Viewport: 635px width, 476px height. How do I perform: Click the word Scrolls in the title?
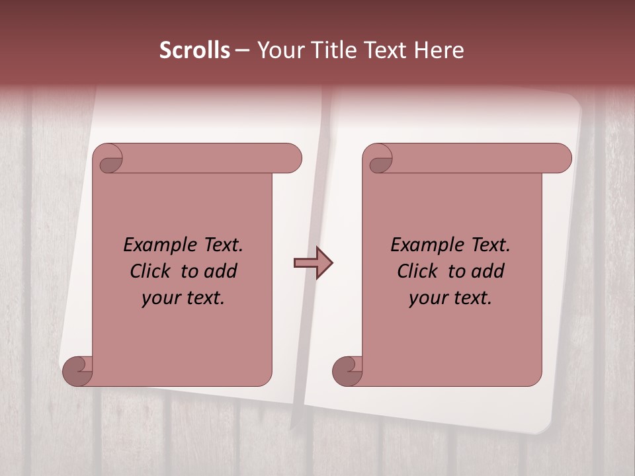pyautogui.click(x=195, y=50)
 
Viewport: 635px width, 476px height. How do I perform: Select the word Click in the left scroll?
pyautogui.click(x=150, y=271)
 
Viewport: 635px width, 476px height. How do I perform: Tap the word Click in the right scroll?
pyautogui.click(x=417, y=271)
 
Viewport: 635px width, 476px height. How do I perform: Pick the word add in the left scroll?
pyautogui.click(x=220, y=271)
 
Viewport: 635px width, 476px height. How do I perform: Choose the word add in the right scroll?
pyautogui.click(x=487, y=271)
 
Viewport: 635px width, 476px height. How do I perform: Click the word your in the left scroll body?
pyautogui.click(x=159, y=298)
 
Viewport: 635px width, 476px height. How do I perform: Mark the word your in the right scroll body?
pyautogui.click(x=427, y=298)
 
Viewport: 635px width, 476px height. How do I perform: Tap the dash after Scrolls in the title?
pyautogui.click(x=242, y=50)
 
